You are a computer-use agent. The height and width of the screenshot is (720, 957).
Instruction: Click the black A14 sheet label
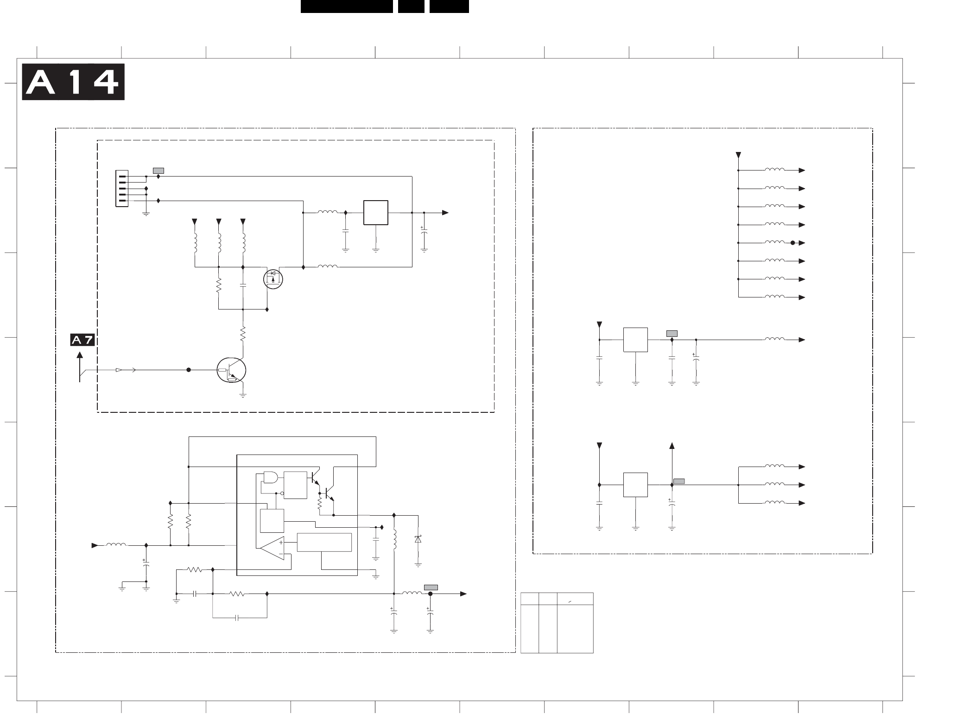[73, 82]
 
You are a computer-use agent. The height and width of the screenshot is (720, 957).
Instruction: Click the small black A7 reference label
[82, 340]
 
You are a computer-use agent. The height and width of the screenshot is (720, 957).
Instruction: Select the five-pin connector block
[121, 189]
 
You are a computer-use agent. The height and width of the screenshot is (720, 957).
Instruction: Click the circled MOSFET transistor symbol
[273, 279]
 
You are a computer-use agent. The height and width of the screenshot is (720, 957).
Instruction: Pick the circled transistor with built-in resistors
[231, 371]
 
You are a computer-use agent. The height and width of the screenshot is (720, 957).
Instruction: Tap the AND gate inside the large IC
[269, 477]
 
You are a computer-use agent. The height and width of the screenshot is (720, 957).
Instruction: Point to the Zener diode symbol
[418, 539]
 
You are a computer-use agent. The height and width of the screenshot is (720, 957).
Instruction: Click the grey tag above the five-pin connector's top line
[158, 171]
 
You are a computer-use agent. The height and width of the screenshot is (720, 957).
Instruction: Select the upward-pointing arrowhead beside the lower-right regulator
[672, 446]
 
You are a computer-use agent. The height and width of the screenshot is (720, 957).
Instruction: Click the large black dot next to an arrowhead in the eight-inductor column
[792, 243]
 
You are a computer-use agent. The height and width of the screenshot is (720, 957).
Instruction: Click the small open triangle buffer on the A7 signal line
[119, 370]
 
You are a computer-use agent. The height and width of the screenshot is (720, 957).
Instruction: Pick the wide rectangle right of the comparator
[324, 543]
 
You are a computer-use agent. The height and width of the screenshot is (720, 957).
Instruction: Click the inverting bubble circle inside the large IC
[282, 493]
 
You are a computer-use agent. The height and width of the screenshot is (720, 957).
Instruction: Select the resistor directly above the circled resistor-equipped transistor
[242, 334]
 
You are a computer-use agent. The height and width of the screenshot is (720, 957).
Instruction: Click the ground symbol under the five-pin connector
[146, 214]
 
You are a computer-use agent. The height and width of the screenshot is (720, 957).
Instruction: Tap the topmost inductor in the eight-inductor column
[774, 170]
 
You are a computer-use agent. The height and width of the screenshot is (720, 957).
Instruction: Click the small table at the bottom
[557, 623]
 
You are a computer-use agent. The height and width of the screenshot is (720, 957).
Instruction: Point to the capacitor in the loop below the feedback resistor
[237, 618]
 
